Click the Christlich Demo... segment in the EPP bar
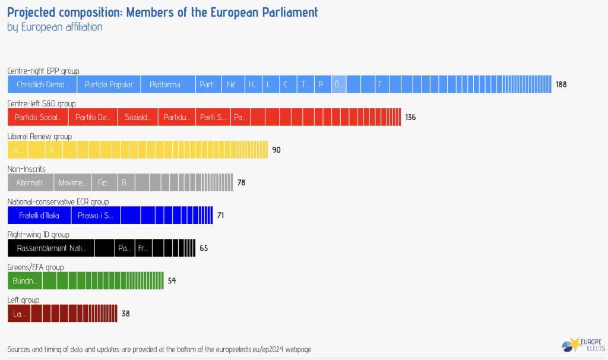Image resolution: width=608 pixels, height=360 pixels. (42, 84)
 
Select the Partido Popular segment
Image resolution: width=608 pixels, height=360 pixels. (109, 84)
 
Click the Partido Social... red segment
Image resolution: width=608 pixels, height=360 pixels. (38, 117)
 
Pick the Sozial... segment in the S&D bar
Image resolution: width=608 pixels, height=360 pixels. (138, 117)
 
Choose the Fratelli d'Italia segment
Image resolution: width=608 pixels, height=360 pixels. (39, 215)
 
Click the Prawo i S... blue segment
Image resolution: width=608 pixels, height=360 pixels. (96, 215)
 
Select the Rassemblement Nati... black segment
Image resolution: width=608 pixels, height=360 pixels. (50, 248)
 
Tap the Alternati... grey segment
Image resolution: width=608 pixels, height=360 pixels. (31, 182)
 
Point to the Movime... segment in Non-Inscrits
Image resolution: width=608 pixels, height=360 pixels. (72, 182)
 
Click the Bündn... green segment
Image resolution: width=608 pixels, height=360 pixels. (25, 280)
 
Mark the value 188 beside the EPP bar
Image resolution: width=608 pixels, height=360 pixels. (561, 84)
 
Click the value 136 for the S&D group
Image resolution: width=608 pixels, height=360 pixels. (410, 117)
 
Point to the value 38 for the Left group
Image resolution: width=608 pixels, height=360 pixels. (125, 313)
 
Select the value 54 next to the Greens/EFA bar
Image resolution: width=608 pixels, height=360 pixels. (172, 280)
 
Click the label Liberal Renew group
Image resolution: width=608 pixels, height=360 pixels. (39, 136)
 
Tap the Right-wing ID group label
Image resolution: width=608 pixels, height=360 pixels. (38, 234)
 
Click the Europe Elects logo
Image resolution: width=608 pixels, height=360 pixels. (582, 345)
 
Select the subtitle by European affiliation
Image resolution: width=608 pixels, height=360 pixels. (55, 27)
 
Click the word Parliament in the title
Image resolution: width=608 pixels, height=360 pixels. (283, 12)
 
